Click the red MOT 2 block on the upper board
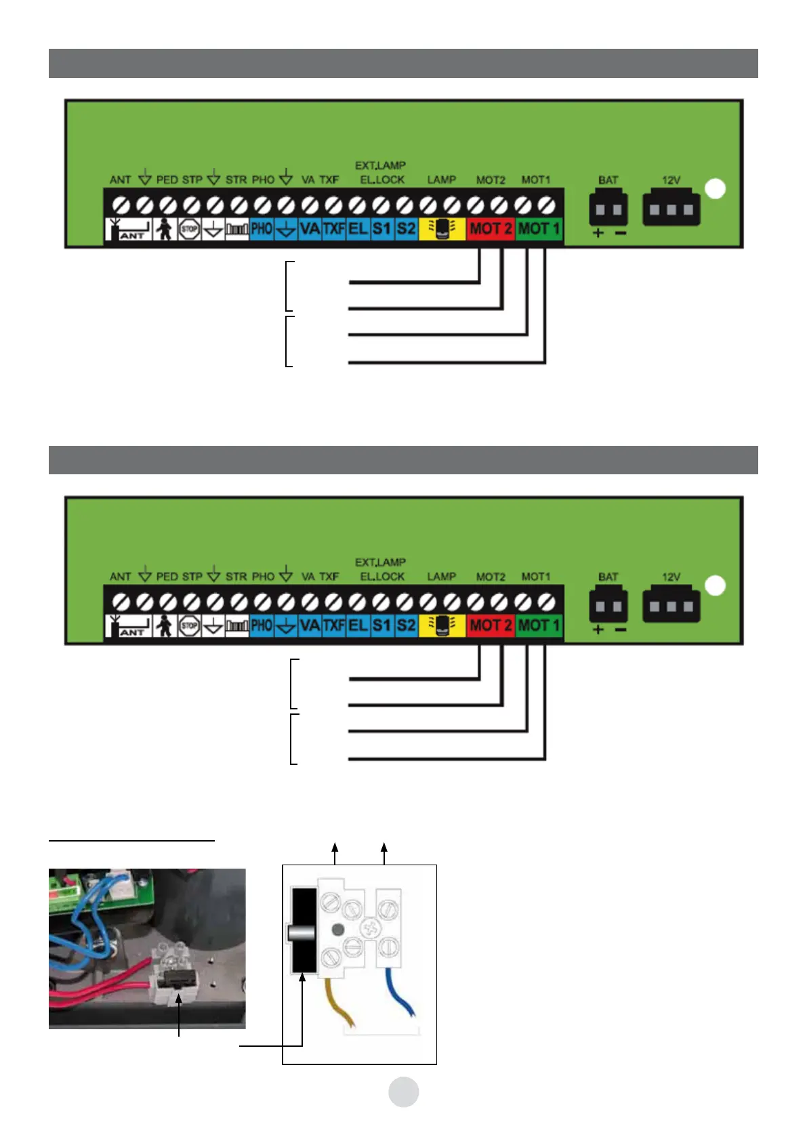coord(491,229)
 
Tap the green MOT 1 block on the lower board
coord(539,625)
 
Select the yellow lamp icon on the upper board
coord(442,229)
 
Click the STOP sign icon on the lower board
coord(189,626)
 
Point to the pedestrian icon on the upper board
coord(163,230)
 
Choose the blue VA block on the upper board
coord(310,229)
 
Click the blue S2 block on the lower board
coord(406,625)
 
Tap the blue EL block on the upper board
coord(358,229)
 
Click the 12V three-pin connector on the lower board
coord(671,605)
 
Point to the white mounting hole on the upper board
coord(716,189)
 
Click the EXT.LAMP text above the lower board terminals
coord(380,562)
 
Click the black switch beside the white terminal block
coord(303,931)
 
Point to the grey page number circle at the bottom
coord(403,1092)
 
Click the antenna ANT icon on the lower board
coord(129,626)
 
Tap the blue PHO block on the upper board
coord(262,229)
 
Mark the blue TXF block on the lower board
coord(333,625)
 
